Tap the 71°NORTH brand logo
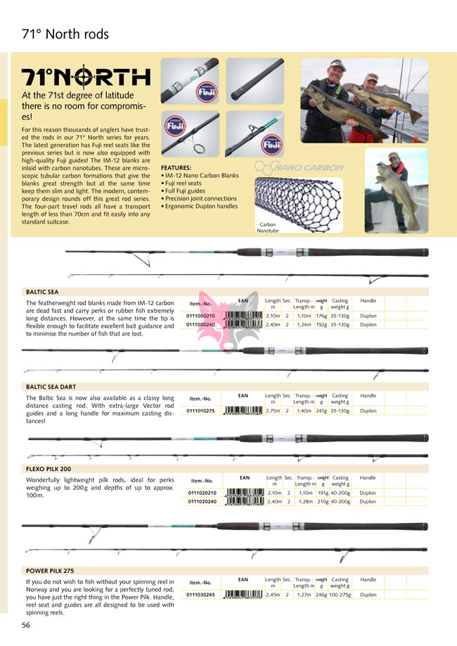(x=86, y=77)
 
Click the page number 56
(x=25, y=625)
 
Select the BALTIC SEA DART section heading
(x=51, y=387)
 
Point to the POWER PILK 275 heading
(x=50, y=571)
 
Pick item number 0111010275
(x=201, y=411)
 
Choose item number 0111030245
(x=201, y=595)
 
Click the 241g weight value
(x=321, y=411)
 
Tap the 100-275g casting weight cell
(x=340, y=595)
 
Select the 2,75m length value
(x=273, y=411)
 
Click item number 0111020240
(x=202, y=502)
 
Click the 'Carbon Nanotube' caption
(x=267, y=228)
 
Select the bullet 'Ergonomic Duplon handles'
(x=200, y=207)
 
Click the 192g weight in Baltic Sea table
(x=321, y=325)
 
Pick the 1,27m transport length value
(x=303, y=595)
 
